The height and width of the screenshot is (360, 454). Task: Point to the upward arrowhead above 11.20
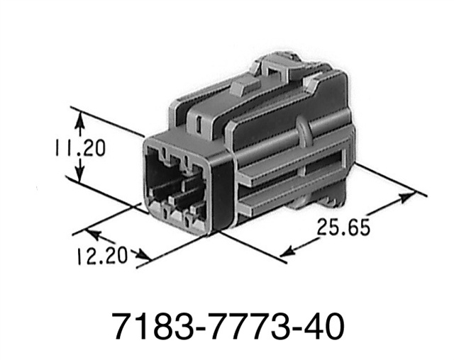[x=80, y=120]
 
